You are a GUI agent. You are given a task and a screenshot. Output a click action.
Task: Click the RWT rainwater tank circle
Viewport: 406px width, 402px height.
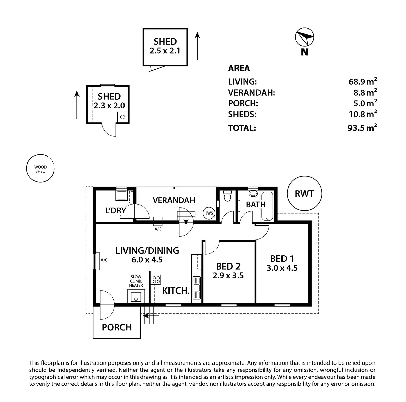pyautogui.click(x=304, y=194)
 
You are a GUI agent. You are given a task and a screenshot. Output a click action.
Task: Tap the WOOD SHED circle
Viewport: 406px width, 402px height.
pyautogui.click(x=40, y=169)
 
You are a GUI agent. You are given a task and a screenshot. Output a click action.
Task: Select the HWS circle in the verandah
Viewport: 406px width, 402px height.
pyautogui.click(x=208, y=213)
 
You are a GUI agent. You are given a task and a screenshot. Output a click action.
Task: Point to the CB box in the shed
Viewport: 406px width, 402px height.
pyautogui.click(x=122, y=117)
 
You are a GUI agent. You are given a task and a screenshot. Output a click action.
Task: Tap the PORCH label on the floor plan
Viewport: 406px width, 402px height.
pyautogui.click(x=117, y=327)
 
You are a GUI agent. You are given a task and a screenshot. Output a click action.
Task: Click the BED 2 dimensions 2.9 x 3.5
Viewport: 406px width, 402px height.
pyautogui.click(x=228, y=275)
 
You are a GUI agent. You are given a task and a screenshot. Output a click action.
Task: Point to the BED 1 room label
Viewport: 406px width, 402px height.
pyautogui.click(x=282, y=259)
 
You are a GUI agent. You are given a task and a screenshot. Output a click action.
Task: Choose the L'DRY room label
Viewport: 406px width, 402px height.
pyautogui.click(x=116, y=211)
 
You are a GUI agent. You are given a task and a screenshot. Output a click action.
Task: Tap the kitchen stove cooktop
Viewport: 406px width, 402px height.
pyautogui.click(x=156, y=279)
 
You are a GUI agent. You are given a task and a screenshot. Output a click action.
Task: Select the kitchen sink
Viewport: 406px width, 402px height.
pyautogui.click(x=197, y=288)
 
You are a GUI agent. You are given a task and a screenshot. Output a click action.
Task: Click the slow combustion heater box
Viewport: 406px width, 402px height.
pyautogui.click(x=136, y=297)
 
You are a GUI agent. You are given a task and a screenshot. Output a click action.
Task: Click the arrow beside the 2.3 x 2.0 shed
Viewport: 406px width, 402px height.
pyautogui.click(x=77, y=104)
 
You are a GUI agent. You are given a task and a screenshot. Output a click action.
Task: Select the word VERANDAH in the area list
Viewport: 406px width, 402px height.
pyautogui.click(x=252, y=92)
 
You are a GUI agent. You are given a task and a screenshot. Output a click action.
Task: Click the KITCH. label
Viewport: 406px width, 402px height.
pyautogui.click(x=176, y=291)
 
